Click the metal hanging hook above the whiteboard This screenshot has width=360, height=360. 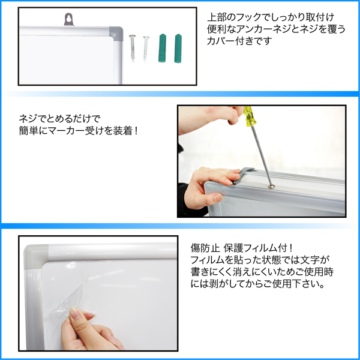tap(69, 19)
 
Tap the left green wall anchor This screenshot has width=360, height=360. tap(162, 48)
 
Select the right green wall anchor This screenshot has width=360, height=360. tap(178, 48)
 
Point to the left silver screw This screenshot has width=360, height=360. tap(133, 48)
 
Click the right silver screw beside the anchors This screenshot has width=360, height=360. tap(146, 49)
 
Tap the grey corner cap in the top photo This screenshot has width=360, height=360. tap(116, 32)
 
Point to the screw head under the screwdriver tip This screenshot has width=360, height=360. tap(272, 187)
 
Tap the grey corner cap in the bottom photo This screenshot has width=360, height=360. tap(36, 257)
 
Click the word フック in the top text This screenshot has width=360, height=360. tap(249, 17)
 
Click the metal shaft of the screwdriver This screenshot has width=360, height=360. tap(262, 155)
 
